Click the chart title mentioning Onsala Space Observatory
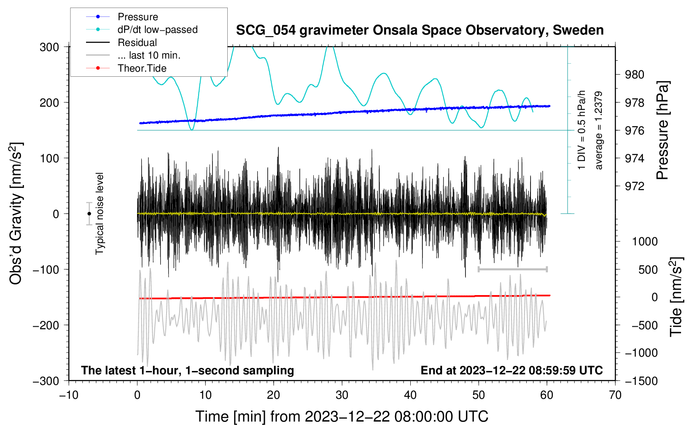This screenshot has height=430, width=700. [x=420, y=30]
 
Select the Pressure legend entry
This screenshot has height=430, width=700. [x=137, y=17]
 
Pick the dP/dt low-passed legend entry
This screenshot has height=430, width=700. [x=157, y=30]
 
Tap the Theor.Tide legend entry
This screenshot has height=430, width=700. [x=142, y=68]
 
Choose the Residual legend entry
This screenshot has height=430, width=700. [x=137, y=43]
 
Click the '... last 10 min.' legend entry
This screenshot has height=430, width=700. [x=149, y=55]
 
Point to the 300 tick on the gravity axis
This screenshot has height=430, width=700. [x=49, y=47]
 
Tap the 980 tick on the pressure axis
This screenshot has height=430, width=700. [x=635, y=75]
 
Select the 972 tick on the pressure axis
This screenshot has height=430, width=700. [x=635, y=186]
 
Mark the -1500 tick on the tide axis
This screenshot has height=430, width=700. [x=641, y=381]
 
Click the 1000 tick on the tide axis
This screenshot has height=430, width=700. [x=645, y=242]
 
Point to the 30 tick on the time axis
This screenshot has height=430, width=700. [x=342, y=395]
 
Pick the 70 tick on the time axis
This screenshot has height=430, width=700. [x=615, y=395]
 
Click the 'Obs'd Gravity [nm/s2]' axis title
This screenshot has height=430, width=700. [x=16, y=213]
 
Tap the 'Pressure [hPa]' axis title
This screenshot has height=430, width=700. [x=662, y=131]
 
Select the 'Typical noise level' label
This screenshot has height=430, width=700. [x=100, y=213]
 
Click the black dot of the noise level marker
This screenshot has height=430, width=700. [x=89, y=214]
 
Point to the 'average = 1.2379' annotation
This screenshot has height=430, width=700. [x=599, y=131]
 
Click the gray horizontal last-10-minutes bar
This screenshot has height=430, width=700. [x=512, y=269]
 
